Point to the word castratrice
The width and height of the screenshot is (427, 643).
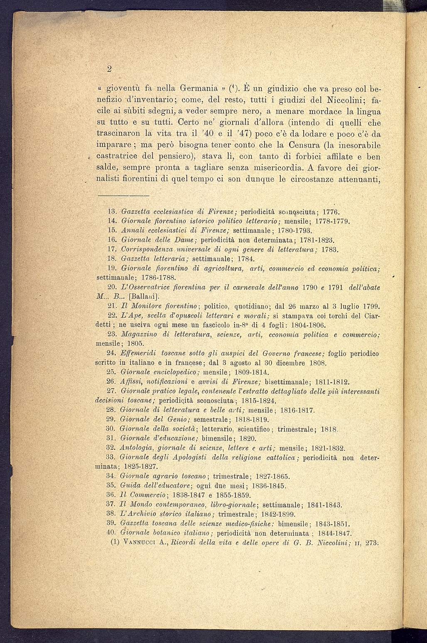click(x=118, y=157)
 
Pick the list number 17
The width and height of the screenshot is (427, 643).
click(x=111, y=250)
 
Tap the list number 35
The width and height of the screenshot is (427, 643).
click(x=111, y=485)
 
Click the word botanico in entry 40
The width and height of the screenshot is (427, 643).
click(x=164, y=533)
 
